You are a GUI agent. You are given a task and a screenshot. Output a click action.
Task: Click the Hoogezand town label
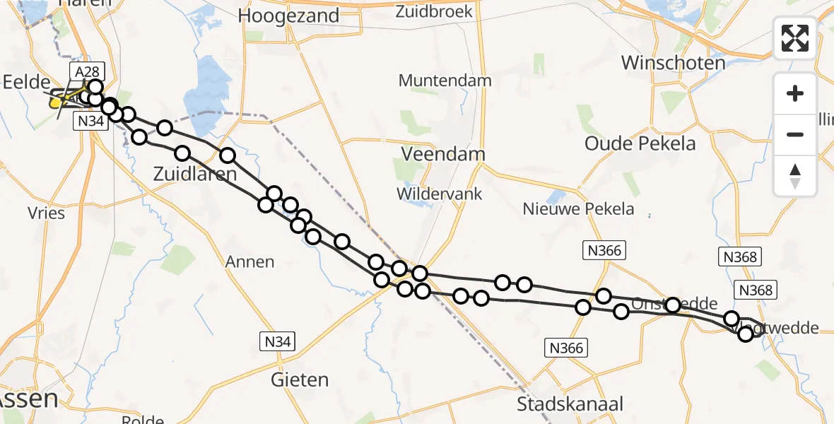[289, 16]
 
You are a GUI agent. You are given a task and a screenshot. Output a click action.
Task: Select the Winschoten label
[673, 62]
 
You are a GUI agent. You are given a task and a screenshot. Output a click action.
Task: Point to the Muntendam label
[445, 81]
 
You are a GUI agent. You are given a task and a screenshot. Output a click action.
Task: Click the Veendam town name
[443, 154]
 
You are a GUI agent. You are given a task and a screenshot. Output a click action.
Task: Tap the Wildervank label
[440, 193]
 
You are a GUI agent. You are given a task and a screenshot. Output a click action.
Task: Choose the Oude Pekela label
[640, 143]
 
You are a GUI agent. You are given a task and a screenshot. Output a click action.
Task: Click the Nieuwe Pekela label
[578, 208]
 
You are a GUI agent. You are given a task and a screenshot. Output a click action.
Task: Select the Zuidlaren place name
[195, 173]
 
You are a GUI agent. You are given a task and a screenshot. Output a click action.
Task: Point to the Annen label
[249, 262]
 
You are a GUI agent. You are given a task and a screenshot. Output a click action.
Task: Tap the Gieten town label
[300, 380]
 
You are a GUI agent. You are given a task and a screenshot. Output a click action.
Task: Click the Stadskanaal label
[570, 404]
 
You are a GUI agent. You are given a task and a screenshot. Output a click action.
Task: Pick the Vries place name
[46, 213]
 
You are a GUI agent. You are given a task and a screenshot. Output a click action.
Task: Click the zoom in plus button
[795, 93]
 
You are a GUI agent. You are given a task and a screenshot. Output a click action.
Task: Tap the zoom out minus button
[795, 134]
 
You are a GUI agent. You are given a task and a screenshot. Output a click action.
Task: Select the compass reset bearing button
[795, 175]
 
